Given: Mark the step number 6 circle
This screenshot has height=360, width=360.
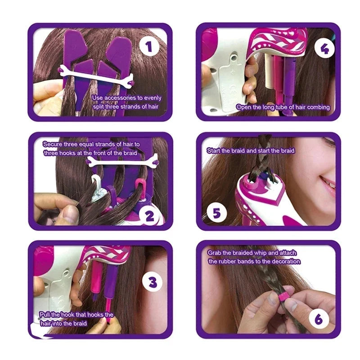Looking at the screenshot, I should point(319,319).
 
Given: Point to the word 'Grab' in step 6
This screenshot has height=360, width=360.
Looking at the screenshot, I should point(215,253).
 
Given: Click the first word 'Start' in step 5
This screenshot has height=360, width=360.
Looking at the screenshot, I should point(214,151).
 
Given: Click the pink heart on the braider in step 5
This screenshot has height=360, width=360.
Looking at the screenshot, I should point(274,198).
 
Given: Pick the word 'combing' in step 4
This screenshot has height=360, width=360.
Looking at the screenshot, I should point(318,108).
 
